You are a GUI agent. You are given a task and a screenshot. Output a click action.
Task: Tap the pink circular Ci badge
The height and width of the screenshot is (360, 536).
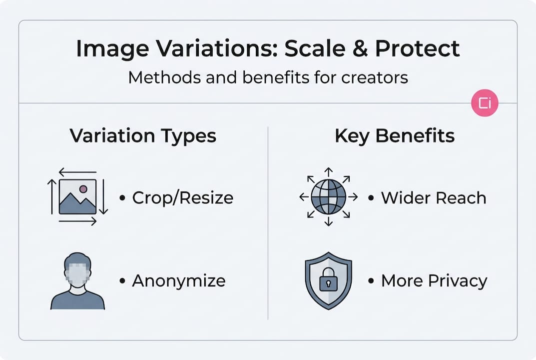point(485,103)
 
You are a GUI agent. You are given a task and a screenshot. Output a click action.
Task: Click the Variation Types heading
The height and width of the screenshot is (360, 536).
point(143,136)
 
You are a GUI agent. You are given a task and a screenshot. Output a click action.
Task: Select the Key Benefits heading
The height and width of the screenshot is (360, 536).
point(395,136)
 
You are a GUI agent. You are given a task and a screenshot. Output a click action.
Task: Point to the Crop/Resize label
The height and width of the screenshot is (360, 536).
point(182,198)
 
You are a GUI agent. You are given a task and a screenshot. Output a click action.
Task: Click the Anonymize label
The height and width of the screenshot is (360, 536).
point(178,281)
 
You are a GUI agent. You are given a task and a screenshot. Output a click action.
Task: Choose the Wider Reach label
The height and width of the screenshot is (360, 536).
point(433,198)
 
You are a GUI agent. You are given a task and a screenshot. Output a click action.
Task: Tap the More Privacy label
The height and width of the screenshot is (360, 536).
point(434,281)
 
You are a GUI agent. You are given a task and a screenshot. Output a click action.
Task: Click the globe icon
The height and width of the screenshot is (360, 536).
point(328,197)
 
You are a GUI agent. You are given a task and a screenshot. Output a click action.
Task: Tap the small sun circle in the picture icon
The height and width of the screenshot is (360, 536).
point(83,189)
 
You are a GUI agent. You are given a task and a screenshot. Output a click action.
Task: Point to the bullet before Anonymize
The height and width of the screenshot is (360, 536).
point(122,281)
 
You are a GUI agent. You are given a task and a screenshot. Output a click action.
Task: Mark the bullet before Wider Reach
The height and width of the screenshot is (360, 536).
point(371,198)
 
